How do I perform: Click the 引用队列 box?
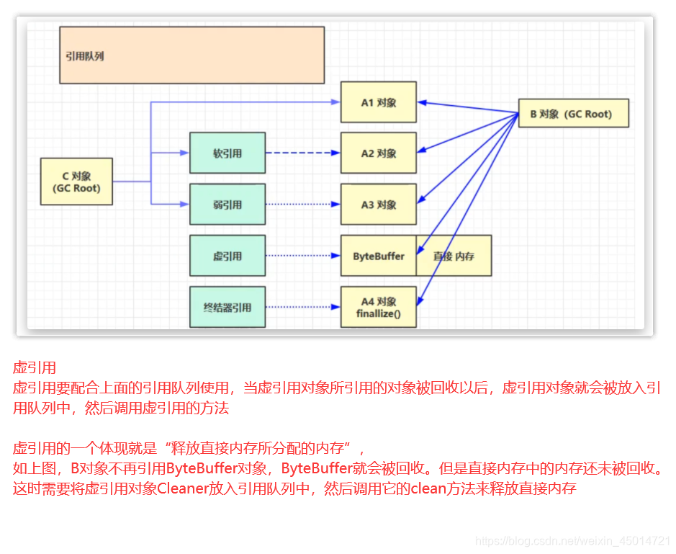pos(191,55)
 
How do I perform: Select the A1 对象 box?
pos(378,102)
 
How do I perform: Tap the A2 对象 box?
pos(378,153)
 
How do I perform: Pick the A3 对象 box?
pos(378,205)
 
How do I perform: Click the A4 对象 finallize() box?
pos(378,308)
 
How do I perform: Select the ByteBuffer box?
pos(378,256)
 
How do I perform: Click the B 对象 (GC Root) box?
pos(573,114)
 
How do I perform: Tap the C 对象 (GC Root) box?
pos(76,182)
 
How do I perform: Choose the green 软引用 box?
pos(227,153)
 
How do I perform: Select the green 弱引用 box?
pos(227,205)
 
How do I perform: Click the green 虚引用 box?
pos(227,256)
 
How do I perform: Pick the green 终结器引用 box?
pos(227,308)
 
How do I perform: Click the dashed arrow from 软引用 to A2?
pos(302,153)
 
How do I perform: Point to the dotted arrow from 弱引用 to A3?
pos(302,205)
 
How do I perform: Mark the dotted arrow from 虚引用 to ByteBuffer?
pos(302,256)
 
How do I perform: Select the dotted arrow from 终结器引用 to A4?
pos(302,308)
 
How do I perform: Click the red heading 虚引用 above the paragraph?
pos(35,368)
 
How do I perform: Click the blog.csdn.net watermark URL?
pos(573,540)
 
